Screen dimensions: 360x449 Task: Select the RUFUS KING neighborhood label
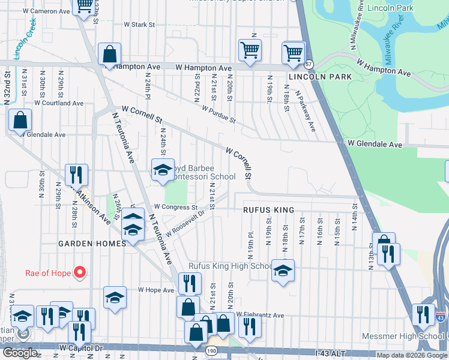coord(268,210)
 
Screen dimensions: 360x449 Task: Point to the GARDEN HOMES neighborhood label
coord(92,244)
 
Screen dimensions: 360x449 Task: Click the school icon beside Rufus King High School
coord(282,270)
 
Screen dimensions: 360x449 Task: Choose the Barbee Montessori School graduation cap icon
coord(162,170)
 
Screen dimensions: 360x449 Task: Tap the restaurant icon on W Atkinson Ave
coord(76,175)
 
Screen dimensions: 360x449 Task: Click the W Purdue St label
coord(218,115)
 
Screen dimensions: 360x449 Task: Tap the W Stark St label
coord(139,25)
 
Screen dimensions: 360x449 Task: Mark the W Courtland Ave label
coord(58,103)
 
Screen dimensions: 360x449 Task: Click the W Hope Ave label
coord(155,290)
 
